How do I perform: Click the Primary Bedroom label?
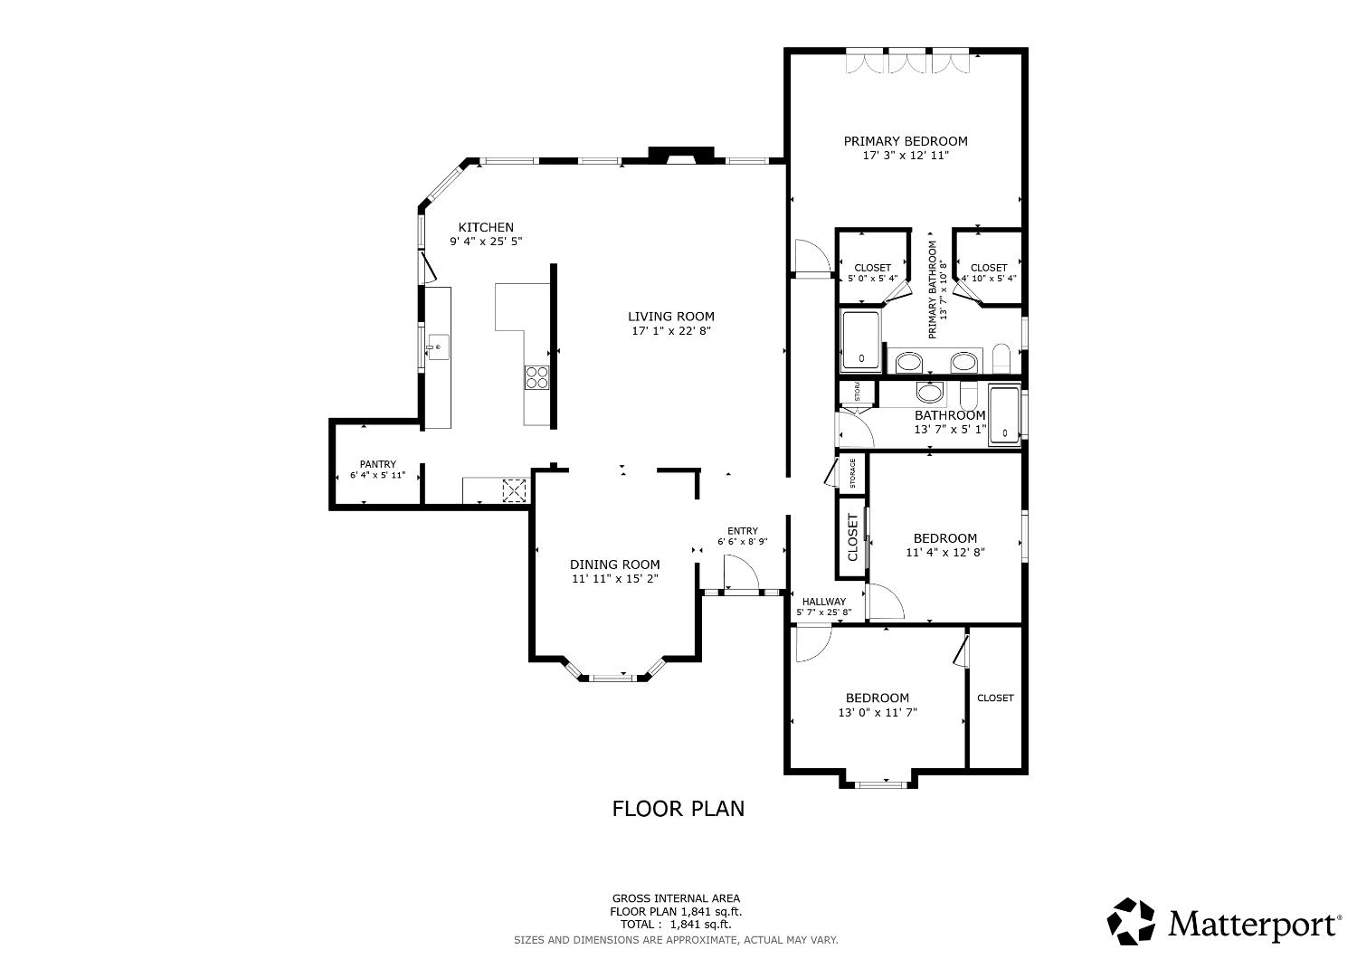click(906, 141)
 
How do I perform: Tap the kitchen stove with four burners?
click(536, 376)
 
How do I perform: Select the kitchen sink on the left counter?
click(436, 347)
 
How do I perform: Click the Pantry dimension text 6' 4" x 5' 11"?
click(377, 475)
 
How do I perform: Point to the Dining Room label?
click(614, 565)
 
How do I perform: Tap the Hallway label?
click(823, 602)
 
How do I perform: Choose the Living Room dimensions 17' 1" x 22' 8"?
click(671, 331)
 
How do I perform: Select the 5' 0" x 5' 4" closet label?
click(872, 279)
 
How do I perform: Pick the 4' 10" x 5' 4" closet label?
click(988, 279)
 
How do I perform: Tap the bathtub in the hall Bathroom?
click(1004, 415)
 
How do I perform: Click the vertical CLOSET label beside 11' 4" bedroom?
click(852, 538)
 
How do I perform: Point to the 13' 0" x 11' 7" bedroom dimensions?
click(878, 713)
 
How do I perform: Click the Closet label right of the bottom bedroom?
click(995, 698)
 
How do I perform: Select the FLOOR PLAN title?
click(678, 809)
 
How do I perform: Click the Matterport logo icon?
click(1132, 921)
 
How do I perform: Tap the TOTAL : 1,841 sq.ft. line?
click(678, 925)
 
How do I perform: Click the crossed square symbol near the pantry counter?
click(514, 489)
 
